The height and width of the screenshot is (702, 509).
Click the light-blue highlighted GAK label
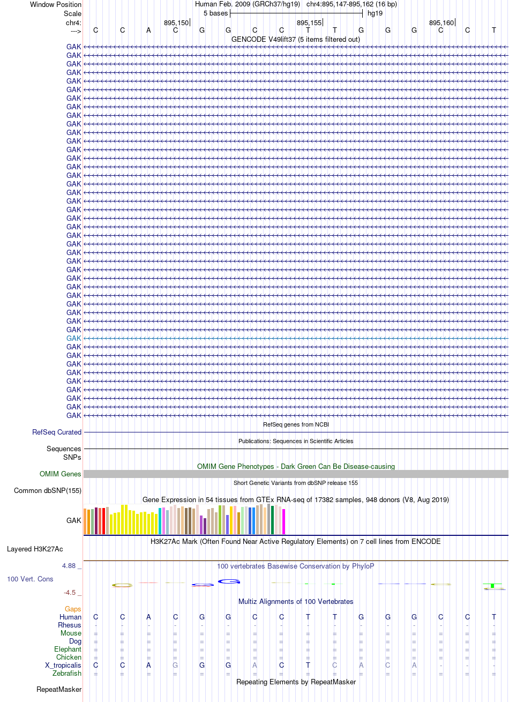(73, 338)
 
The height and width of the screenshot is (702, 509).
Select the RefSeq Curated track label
(57, 432)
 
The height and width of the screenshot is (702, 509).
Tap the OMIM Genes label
(60, 474)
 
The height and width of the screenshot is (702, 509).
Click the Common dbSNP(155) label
(48, 490)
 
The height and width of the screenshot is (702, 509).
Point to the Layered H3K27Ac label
(35, 549)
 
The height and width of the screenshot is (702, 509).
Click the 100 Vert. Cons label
(30, 579)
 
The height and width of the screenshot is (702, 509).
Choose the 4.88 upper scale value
(69, 566)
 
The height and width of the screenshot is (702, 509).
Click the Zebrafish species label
(67, 673)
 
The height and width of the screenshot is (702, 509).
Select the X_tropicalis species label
(63, 665)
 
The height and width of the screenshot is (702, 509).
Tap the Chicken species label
(69, 657)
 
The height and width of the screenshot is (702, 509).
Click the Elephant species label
(68, 649)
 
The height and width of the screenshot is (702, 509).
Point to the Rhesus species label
(70, 625)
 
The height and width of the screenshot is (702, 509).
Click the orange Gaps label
(73, 609)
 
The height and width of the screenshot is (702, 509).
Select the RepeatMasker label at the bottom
(59, 690)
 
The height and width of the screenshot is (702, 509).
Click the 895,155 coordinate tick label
(309, 23)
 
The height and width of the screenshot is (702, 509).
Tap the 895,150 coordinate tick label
(176, 23)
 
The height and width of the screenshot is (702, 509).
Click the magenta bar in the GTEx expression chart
(283, 521)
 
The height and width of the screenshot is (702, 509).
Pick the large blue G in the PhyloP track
(229, 581)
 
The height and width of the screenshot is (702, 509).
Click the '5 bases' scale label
(215, 13)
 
